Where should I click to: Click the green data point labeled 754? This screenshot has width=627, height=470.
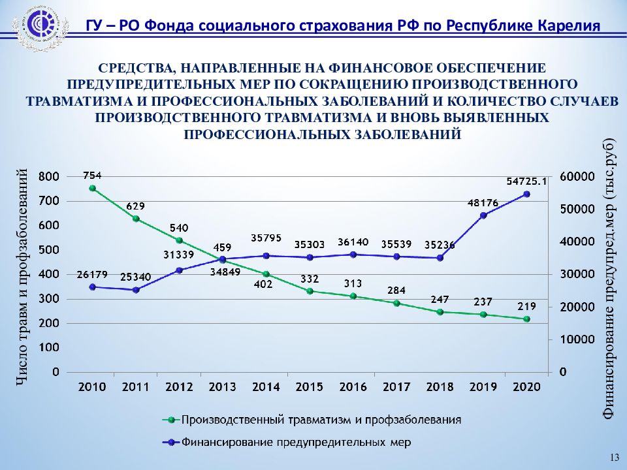tap(93, 188)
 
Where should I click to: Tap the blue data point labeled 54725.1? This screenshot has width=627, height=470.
tap(526, 194)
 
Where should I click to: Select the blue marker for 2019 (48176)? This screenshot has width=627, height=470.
tap(483, 215)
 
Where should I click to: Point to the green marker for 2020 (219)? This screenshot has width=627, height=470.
tap(526, 319)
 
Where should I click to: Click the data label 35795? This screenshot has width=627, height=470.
tap(266, 238)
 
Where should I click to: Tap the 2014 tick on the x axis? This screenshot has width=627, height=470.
tap(266, 386)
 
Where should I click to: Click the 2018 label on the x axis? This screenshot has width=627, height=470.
tap(440, 386)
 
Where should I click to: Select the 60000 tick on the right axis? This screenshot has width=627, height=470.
tap(577, 177)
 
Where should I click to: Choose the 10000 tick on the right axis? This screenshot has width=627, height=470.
tap(577, 339)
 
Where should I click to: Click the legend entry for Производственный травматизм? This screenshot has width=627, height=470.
tap(321, 420)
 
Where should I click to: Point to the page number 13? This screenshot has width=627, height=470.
tap(613, 457)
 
